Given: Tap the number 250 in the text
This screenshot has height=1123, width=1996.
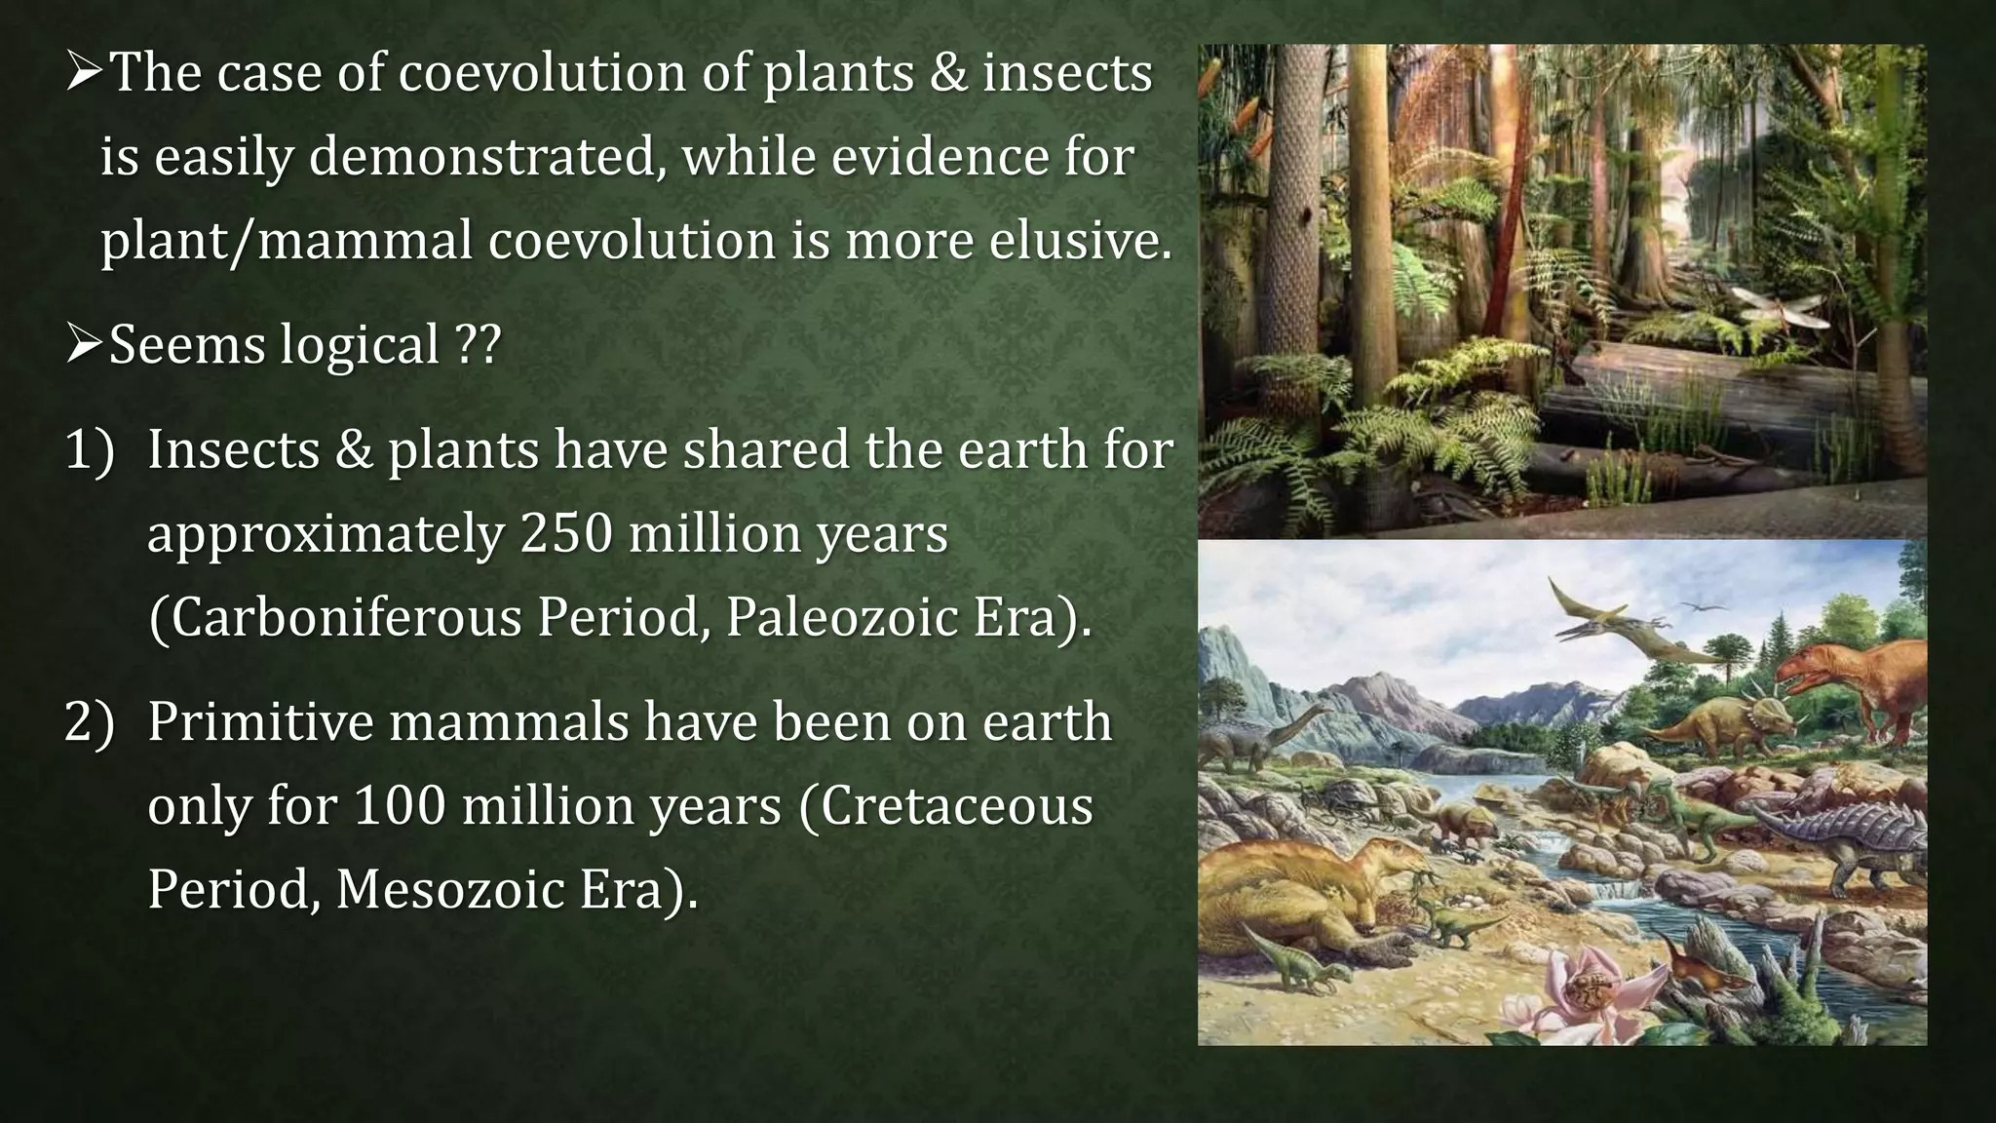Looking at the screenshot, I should [x=566, y=533].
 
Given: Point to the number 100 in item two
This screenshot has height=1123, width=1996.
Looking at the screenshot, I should [x=399, y=805].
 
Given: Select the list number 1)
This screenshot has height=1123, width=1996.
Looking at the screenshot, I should [x=89, y=449].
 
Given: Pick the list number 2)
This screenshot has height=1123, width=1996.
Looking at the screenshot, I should [x=89, y=722].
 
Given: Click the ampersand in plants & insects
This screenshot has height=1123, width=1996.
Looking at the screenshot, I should [x=946, y=73].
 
